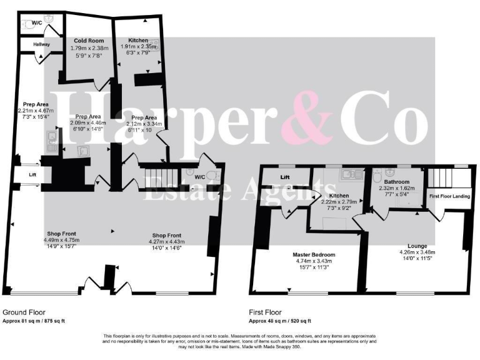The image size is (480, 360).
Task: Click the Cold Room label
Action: pos(87,40)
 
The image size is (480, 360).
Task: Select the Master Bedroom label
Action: pos(314,254)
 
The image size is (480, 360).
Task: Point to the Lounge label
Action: pos(417,246)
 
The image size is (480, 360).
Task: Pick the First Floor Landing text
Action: pos(450,196)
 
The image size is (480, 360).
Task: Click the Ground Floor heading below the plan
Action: pos(24,312)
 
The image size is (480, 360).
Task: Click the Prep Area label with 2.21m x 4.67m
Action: pos(36,104)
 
